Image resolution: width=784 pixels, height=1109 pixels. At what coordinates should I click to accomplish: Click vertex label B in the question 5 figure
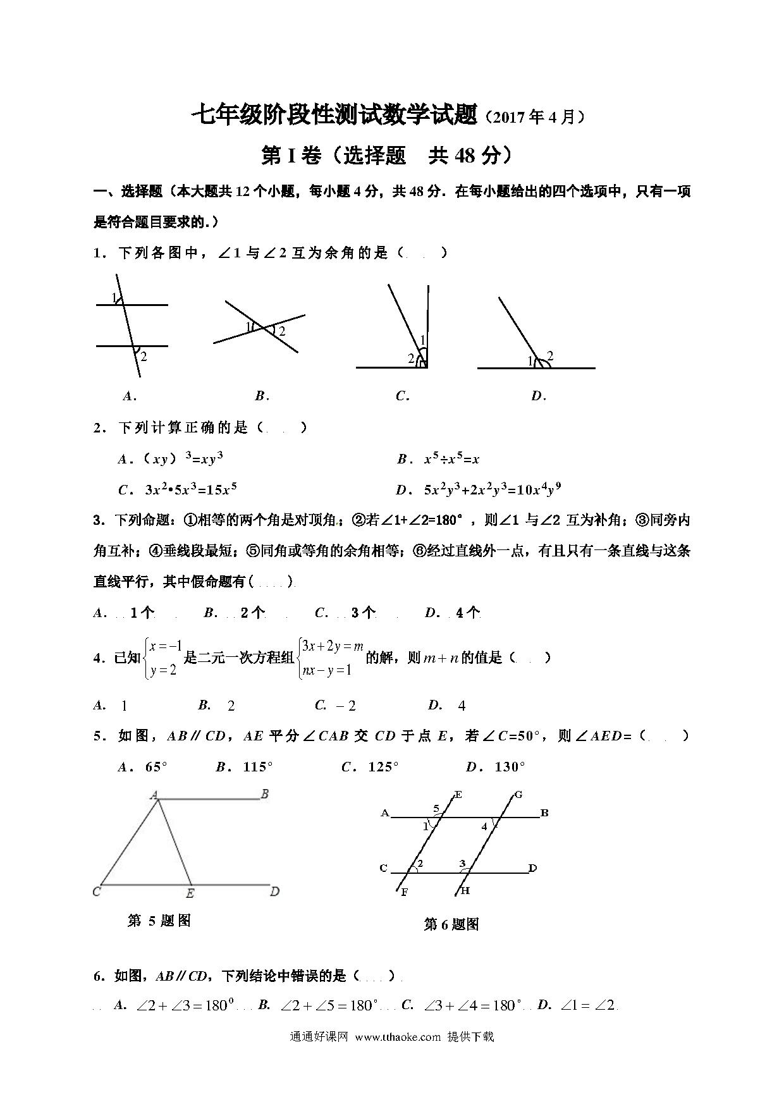(x=265, y=793)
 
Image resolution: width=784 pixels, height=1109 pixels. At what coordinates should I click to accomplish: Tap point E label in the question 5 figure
(x=190, y=893)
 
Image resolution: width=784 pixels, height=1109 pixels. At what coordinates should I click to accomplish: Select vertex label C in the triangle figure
(x=97, y=891)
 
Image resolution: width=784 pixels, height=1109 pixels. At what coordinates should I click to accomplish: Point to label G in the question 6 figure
(x=518, y=795)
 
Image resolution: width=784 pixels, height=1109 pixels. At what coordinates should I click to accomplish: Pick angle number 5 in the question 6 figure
(x=436, y=808)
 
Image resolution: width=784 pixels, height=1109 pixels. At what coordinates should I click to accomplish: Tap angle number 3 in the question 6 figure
(x=462, y=864)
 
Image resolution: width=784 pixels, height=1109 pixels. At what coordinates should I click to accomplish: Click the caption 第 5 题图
(x=159, y=921)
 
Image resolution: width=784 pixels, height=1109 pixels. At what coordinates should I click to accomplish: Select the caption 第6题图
(x=451, y=924)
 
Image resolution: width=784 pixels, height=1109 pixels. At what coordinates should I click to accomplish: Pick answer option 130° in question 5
(x=510, y=767)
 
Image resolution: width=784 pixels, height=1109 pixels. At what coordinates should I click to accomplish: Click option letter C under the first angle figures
(x=402, y=396)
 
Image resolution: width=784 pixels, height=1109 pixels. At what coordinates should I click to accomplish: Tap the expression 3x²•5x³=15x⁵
(x=190, y=489)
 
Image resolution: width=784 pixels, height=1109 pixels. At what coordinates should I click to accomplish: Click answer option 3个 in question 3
(x=364, y=612)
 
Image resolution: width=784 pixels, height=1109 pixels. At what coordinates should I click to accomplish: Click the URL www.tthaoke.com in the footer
(x=398, y=1036)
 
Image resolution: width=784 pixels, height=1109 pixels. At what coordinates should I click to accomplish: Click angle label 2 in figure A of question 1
(x=144, y=357)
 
